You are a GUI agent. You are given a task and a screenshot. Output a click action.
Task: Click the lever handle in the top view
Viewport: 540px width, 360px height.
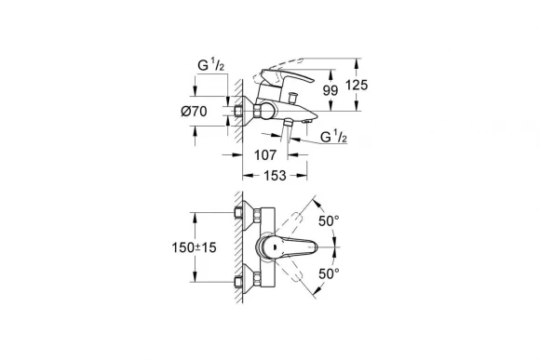click(293, 248)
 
